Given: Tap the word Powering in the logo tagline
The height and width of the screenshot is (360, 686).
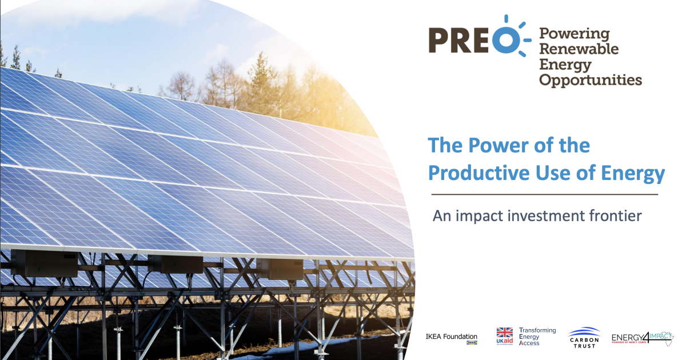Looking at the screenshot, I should [575, 34].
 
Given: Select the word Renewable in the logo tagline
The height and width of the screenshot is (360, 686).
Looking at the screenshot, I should [579, 49].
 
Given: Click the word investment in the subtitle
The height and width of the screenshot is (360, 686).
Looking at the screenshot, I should [532, 216].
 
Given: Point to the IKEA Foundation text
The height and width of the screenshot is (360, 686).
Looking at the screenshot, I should [451, 337].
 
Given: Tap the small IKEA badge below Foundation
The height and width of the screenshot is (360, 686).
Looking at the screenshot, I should [472, 343].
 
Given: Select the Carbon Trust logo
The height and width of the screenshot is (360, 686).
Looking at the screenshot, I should [584, 337].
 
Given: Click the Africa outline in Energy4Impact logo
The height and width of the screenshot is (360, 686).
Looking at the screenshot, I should [664, 337].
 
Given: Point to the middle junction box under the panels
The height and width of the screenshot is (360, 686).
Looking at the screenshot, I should [175, 264].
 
